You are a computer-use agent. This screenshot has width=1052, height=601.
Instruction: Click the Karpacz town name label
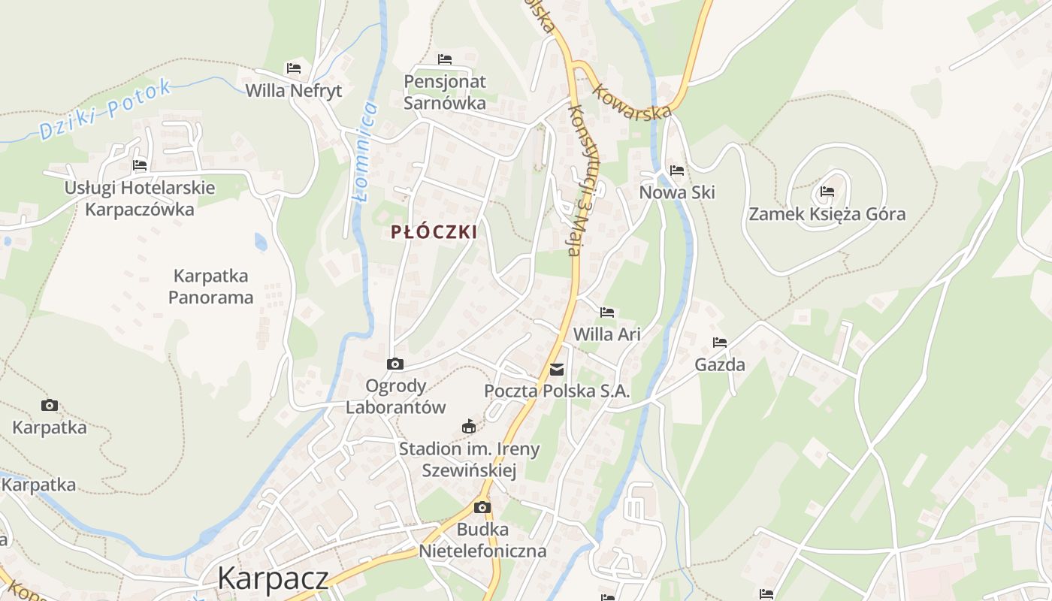point(273,578)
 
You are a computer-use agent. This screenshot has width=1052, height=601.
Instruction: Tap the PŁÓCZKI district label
point(434,232)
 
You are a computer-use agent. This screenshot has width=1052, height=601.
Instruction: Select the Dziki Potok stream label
point(105,110)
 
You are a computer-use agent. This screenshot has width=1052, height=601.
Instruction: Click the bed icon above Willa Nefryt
point(294,68)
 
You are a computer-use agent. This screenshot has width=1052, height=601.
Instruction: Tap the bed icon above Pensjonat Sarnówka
point(445,59)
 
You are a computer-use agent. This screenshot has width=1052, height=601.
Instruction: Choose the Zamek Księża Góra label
point(827,214)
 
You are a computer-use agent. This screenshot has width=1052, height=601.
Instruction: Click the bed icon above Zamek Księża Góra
point(827,192)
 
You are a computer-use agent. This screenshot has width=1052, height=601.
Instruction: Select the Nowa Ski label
point(676,192)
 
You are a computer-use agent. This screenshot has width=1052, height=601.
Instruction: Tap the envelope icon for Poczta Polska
point(557,370)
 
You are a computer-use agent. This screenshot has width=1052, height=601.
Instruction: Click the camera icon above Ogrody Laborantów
point(394,364)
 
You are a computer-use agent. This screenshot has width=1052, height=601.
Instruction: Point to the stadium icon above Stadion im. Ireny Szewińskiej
point(469,427)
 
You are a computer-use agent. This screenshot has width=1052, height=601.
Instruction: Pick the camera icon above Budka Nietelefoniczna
point(482,508)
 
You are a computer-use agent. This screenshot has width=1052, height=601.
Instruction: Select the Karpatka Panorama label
point(210,286)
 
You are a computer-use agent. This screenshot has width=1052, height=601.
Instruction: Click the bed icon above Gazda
point(720,343)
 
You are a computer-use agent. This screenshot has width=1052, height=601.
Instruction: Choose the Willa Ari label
point(607,334)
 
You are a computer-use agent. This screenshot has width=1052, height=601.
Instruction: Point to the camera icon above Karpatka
point(50,406)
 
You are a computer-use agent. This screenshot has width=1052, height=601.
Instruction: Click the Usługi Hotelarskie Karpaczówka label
point(140,198)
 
